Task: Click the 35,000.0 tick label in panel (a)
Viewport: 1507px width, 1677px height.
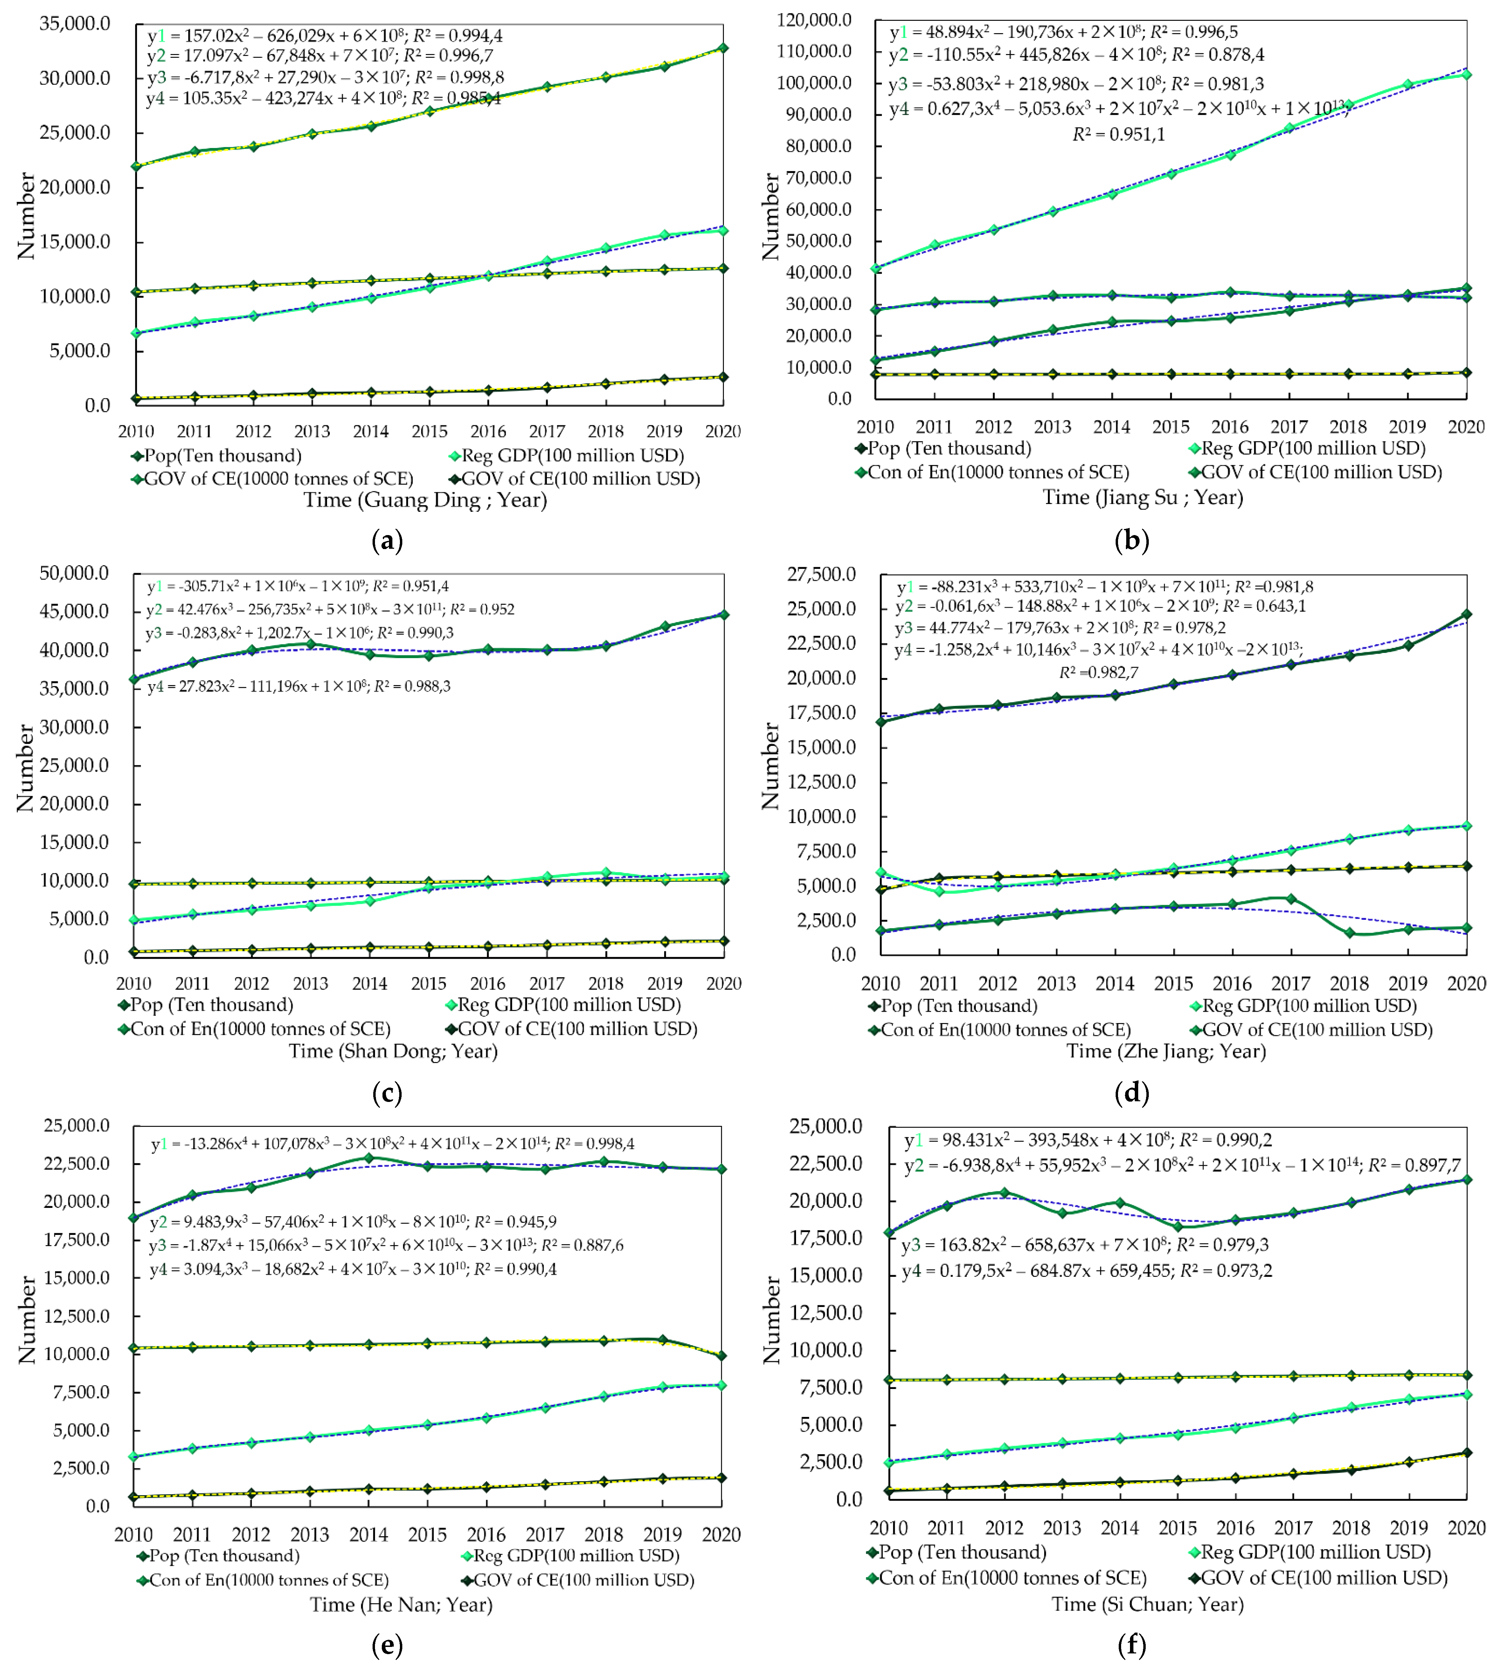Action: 75,23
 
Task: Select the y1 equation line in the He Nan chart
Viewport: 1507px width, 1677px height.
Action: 392,1144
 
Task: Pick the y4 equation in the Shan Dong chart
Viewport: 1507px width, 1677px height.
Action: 299,686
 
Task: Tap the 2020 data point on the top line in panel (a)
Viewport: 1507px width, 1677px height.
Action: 723,48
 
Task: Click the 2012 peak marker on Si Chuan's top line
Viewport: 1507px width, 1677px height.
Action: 1005,1193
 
